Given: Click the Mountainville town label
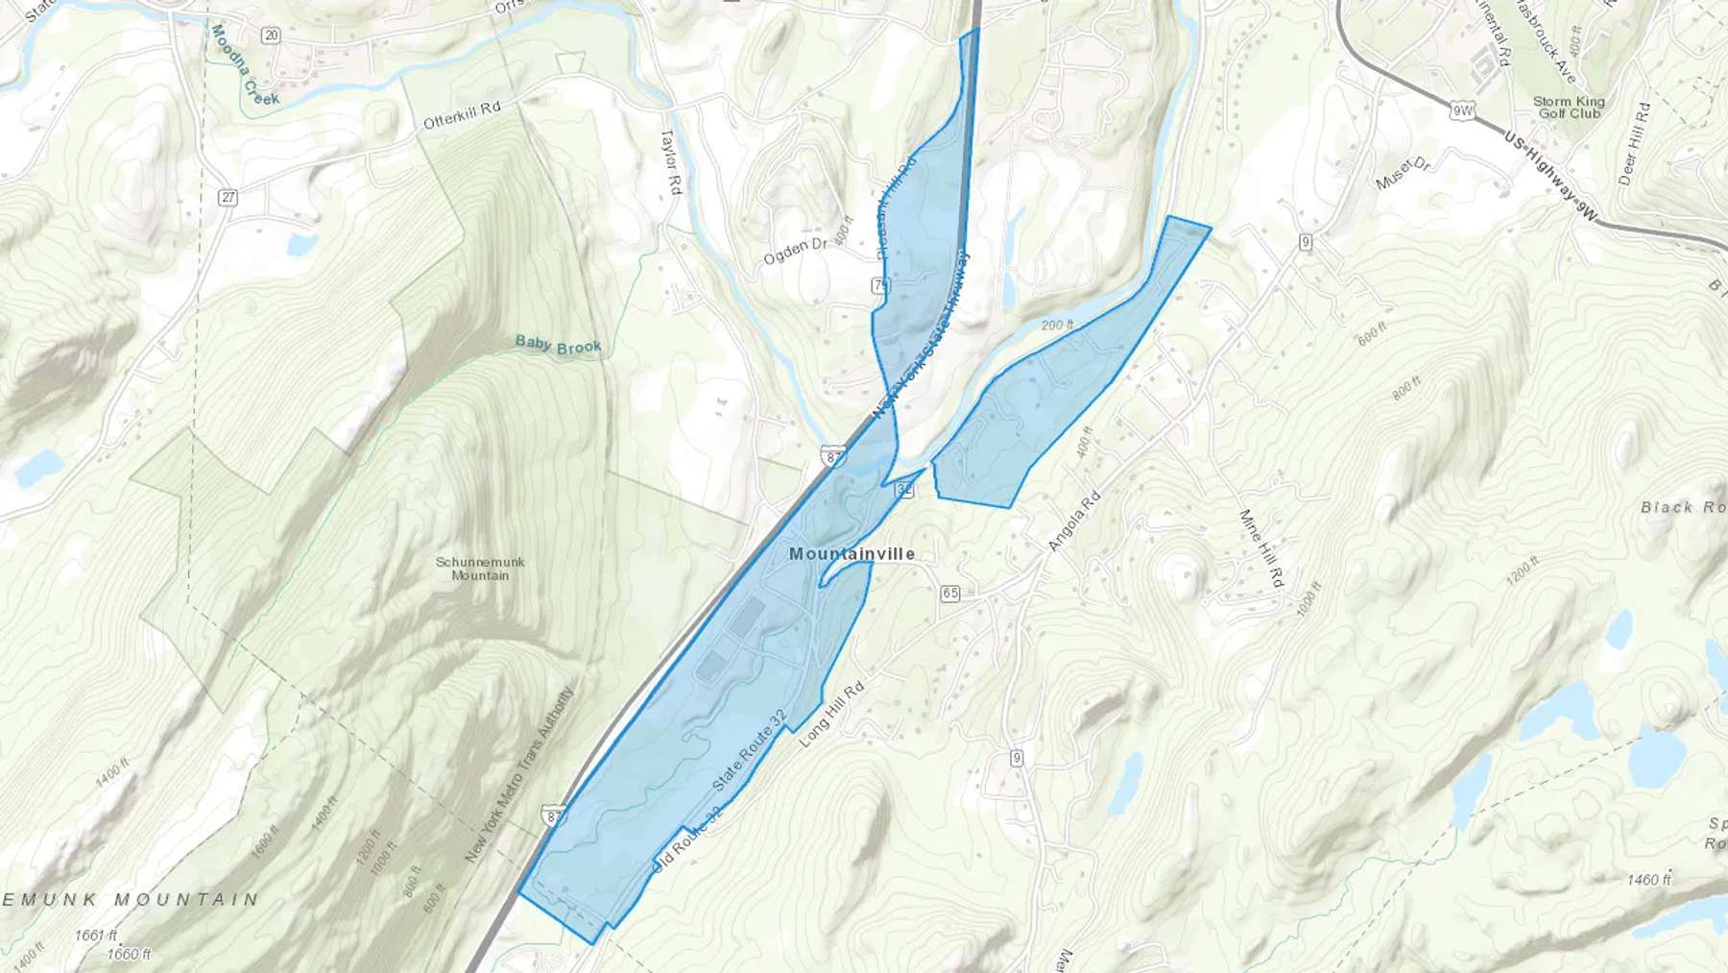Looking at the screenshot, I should (852, 554).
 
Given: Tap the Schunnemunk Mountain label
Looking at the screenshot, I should (480, 569).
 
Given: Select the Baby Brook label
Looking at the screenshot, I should (558, 345).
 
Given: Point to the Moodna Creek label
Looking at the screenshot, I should (246, 66).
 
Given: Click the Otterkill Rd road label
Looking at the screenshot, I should (463, 115).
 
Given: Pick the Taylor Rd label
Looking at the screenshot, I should (670, 163).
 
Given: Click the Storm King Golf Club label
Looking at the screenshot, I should (1569, 107).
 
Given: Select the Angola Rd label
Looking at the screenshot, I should (1073, 522).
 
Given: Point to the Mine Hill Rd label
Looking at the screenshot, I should (1261, 548).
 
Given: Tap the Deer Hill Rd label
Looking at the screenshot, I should (1634, 143).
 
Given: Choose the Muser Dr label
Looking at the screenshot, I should (1403, 174).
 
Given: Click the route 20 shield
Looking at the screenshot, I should (271, 36).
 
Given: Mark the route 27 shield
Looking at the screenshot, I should (228, 198).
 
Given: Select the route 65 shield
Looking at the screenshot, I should (950, 594).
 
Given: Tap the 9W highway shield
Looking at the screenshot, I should (1462, 111).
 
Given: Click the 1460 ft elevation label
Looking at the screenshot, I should (1649, 879).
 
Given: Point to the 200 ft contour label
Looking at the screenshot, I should (1056, 326).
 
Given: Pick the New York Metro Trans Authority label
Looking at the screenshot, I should (519, 774).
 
